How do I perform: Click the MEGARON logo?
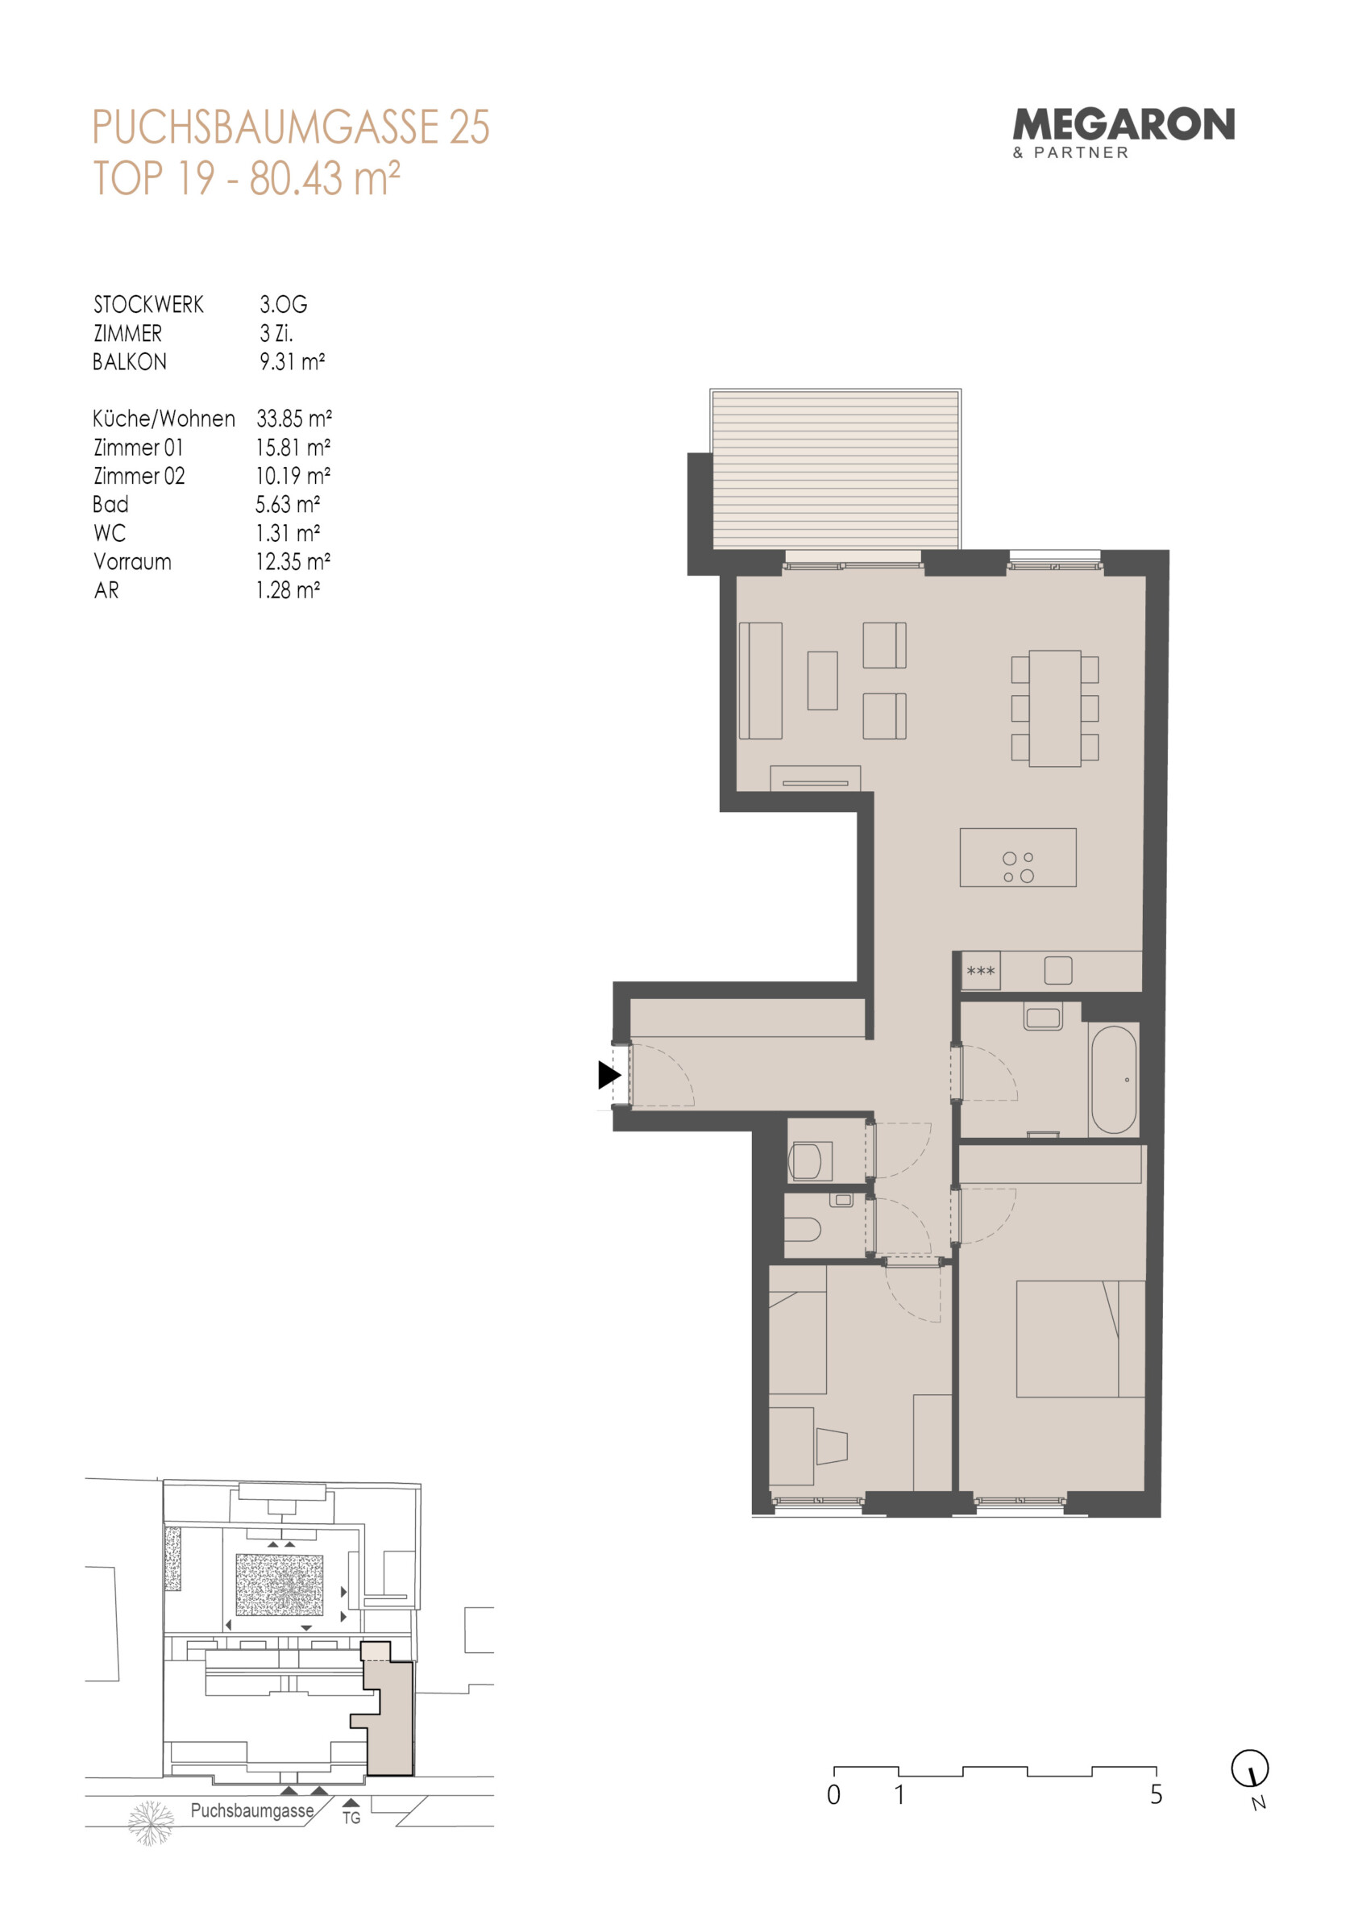[x=1123, y=133]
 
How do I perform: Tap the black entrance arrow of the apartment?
[x=609, y=1075]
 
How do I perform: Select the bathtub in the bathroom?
[x=1114, y=1079]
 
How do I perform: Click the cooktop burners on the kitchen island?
[x=1019, y=867]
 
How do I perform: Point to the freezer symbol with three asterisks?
[x=980, y=972]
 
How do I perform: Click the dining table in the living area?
[x=1054, y=709]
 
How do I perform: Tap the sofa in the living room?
[x=760, y=681]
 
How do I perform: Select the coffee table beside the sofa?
[x=822, y=681]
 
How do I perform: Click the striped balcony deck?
[x=835, y=470]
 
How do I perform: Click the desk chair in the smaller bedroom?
[x=832, y=1446]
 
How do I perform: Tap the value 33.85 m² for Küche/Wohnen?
[x=293, y=418]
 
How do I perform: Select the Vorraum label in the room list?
[x=133, y=561]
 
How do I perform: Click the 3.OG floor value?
[x=284, y=304]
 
